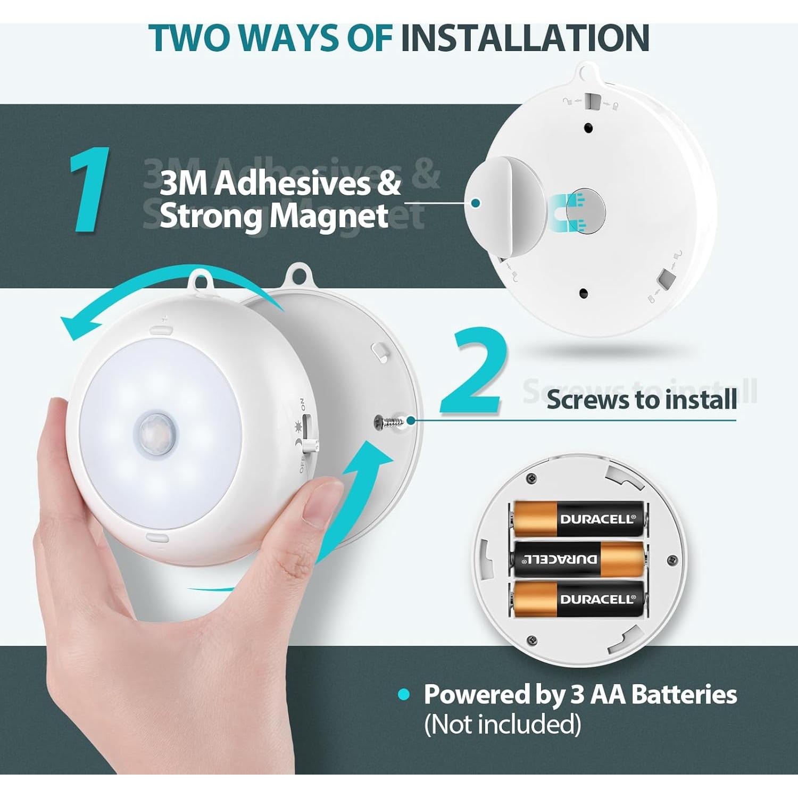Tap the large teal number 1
click(x=90, y=190)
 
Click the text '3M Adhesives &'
click(x=280, y=183)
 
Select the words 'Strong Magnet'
click(x=274, y=216)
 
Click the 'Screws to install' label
click(x=642, y=399)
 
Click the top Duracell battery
click(x=578, y=518)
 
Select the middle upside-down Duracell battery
click(x=578, y=559)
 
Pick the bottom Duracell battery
click(x=578, y=599)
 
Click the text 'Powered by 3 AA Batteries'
click(x=580, y=694)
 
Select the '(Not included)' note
click(x=502, y=724)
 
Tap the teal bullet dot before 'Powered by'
click(x=404, y=694)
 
